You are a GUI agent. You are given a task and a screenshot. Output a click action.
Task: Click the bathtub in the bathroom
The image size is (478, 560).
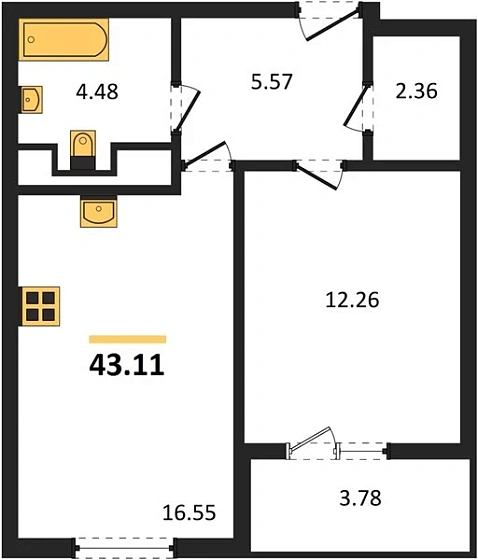[64, 40]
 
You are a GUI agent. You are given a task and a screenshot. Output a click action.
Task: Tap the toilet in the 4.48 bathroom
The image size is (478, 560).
[83, 149]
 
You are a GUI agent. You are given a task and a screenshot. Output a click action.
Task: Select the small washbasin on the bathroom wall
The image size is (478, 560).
[31, 100]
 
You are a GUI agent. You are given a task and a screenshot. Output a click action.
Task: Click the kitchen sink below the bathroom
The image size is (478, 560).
[99, 212]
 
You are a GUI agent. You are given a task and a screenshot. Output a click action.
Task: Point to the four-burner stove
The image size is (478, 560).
[40, 306]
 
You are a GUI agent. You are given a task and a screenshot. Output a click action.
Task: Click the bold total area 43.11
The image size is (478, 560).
[127, 365]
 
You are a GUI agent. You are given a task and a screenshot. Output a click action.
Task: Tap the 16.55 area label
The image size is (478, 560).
[189, 513]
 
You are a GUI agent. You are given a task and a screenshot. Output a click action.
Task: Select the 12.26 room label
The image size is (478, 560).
[352, 300]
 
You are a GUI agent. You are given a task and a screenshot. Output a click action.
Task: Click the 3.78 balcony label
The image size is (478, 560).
[360, 498]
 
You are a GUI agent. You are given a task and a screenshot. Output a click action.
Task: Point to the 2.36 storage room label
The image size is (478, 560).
[416, 91]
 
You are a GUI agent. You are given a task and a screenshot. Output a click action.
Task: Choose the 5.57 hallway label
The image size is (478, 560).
[272, 81]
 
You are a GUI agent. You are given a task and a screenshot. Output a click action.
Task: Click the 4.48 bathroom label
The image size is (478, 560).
[97, 91]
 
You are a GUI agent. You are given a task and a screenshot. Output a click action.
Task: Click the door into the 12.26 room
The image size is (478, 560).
[317, 178]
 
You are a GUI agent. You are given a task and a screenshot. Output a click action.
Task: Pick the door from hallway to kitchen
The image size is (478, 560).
[205, 154]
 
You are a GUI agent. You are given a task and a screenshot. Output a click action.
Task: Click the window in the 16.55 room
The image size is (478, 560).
[124, 548]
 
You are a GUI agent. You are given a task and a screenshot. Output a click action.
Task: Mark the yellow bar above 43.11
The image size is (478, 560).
[128, 339]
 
